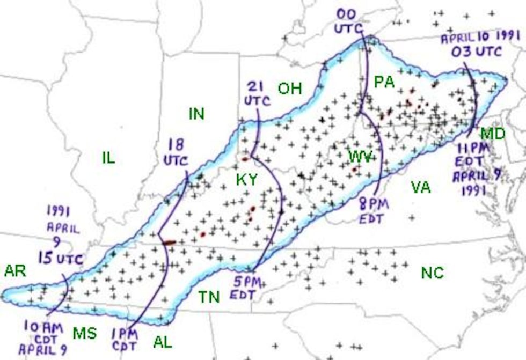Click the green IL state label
[x=108, y=157]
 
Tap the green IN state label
[x=196, y=114]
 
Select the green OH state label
[x=290, y=88]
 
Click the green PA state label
[x=384, y=82]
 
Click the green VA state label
[x=421, y=187]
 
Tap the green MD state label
[x=493, y=134]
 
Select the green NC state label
[x=432, y=273]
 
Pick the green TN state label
[x=209, y=296]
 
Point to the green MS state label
[x=85, y=333]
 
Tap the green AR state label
[x=15, y=271]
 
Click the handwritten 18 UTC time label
[x=177, y=152]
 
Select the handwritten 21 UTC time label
[x=255, y=92]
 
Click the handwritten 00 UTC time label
[x=349, y=21]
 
